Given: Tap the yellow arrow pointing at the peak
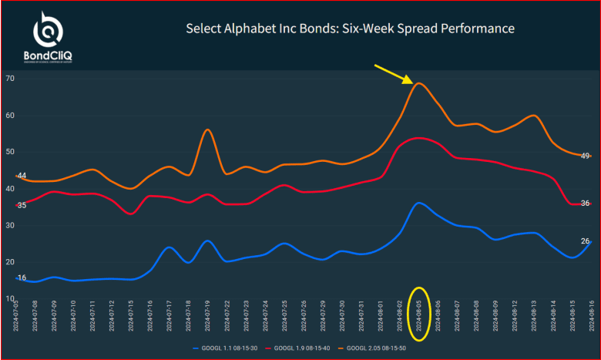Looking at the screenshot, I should [x=394, y=73].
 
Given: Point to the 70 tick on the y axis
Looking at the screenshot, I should [x=9, y=79].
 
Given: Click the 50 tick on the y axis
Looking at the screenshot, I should [x=9, y=152].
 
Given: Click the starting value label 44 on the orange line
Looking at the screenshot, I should [x=22, y=176].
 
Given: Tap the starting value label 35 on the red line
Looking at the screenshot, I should [x=22, y=205].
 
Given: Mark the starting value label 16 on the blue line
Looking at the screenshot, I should [x=22, y=278].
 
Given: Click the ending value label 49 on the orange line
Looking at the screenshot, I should [x=585, y=156].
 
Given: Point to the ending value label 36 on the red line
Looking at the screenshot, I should [x=585, y=204].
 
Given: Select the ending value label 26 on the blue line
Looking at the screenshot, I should [x=585, y=241].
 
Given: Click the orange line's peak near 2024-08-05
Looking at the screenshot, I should [x=418, y=83].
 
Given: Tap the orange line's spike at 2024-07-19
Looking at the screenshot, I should [x=207, y=130].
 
